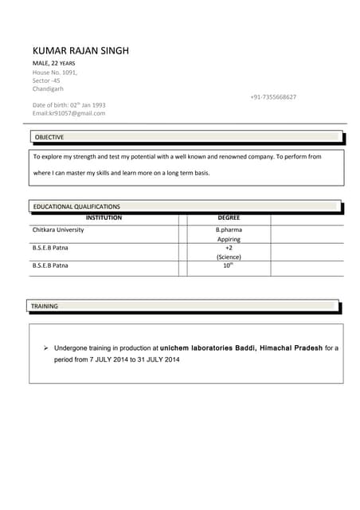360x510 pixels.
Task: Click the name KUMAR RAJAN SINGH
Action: [x=80, y=51]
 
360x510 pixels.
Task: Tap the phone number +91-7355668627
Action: [x=273, y=97]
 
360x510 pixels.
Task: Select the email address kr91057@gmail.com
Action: [x=68, y=113]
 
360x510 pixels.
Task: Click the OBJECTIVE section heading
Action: [x=49, y=137]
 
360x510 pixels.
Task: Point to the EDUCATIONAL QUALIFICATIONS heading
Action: [x=76, y=206]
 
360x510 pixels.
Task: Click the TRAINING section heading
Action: [x=45, y=306]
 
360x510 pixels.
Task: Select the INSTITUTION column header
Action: [x=104, y=218]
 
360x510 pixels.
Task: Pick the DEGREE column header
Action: [x=229, y=218]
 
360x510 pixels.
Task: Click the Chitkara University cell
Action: [x=58, y=229]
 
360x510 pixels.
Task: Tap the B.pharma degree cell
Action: [x=229, y=229]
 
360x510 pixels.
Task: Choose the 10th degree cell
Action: [x=229, y=265]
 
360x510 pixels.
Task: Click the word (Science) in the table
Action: [x=229, y=257]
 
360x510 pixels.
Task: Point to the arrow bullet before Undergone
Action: [x=46, y=348]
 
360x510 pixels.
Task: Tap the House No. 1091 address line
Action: [x=55, y=73]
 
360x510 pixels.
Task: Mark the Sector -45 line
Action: [x=46, y=80]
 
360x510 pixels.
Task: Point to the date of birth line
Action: [x=68, y=105]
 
